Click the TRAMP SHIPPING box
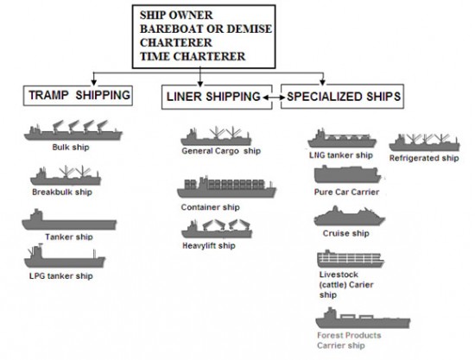pos(78,96)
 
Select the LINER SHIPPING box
pos(217,97)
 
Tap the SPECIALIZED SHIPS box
pos(342,97)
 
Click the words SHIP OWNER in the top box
pos(176,16)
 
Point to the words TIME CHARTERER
pos(193,57)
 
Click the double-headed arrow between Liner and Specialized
pos(274,98)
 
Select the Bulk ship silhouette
pos(73,130)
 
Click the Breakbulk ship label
pos(62,192)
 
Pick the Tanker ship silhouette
pos(69,219)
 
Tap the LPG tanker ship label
pos(61,276)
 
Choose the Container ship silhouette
pos(226,187)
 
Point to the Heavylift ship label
pos(209,245)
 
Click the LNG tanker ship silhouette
pos(342,138)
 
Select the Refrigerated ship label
pos(424,158)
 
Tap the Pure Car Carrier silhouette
pos(347,174)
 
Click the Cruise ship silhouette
pos(349,216)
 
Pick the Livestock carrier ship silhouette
pos(351,259)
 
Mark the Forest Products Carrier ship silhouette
pos(363,319)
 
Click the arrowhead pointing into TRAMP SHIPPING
pos(94,82)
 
